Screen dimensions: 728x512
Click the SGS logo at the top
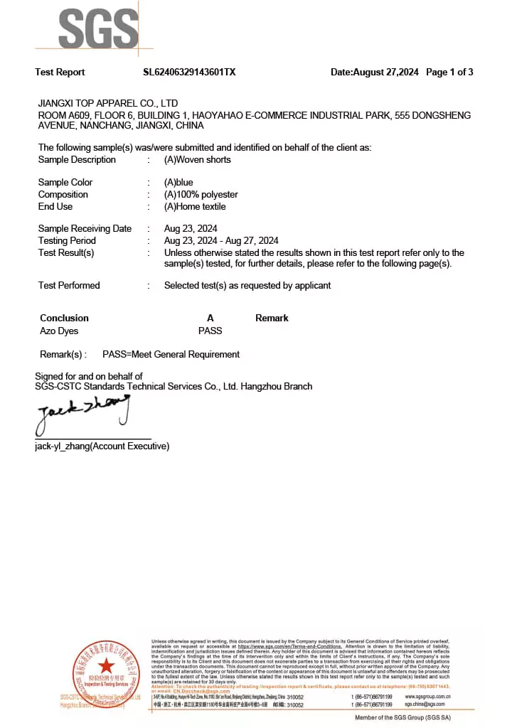click(x=98, y=29)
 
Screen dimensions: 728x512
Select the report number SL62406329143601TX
click(x=189, y=72)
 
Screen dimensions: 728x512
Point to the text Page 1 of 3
click(x=449, y=72)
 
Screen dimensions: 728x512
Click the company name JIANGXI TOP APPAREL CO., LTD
click(x=108, y=103)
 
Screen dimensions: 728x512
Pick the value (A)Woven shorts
click(x=197, y=159)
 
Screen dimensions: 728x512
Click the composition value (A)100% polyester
click(x=201, y=194)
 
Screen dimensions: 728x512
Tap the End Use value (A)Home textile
click(x=195, y=206)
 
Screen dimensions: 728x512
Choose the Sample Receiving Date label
click(x=85, y=228)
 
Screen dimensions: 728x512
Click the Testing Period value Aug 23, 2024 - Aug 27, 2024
click(x=221, y=240)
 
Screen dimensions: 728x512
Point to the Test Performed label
click(x=69, y=285)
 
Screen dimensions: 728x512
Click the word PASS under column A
click(x=210, y=331)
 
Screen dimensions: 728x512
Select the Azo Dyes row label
click(x=59, y=331)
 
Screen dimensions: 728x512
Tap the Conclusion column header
click(x=64, y=318)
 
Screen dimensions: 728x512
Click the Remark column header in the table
click(x=272, y=318)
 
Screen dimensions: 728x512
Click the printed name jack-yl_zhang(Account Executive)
click(x=102, y=446)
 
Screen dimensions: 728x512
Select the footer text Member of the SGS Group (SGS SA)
click(x=402, y=717)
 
